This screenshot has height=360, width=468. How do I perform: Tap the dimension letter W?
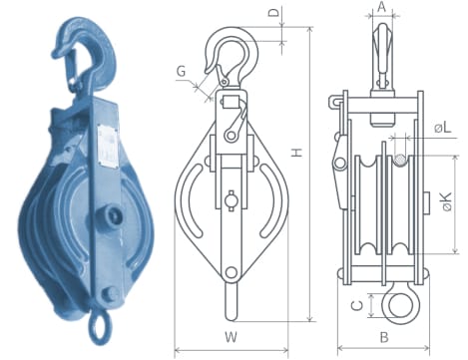[x=231, y=337]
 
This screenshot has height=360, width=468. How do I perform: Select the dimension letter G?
[x=182, y=72]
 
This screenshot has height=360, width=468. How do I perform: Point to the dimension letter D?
[x=273, y=12]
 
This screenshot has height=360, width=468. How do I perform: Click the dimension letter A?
[x=382, y=7]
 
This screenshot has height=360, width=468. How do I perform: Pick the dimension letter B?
[x=384, y=337]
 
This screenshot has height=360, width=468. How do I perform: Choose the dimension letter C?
[x=357, y=305]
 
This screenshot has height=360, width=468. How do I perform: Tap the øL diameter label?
[x=443, y=128]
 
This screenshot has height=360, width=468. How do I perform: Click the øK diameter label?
[x=447, y=201]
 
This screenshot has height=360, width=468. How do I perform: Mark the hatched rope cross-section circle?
[x=400, y=161]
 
